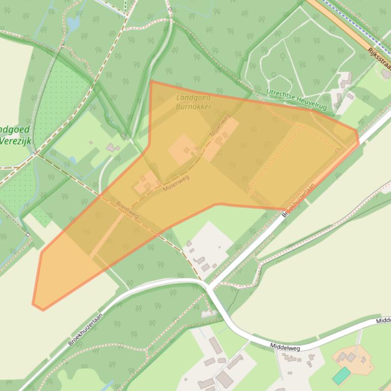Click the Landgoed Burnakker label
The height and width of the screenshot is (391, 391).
tap(193, 102)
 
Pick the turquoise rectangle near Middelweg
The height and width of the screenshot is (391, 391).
tap(341, 376)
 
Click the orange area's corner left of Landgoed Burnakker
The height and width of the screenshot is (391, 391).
tap(151, 81)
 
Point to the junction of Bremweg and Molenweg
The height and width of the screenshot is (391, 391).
tap(101, 195)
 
